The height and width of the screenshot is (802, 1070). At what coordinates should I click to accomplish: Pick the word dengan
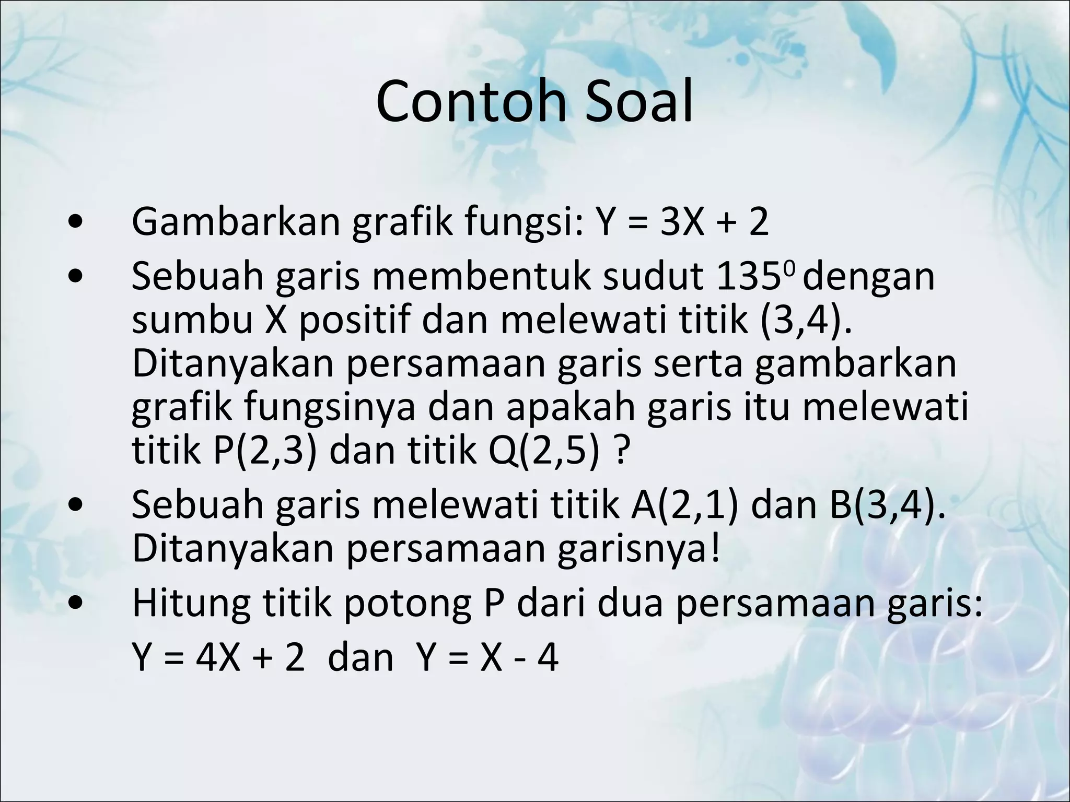click(868, 277)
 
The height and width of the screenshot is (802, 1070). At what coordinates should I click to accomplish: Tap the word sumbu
click(192, 320)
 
